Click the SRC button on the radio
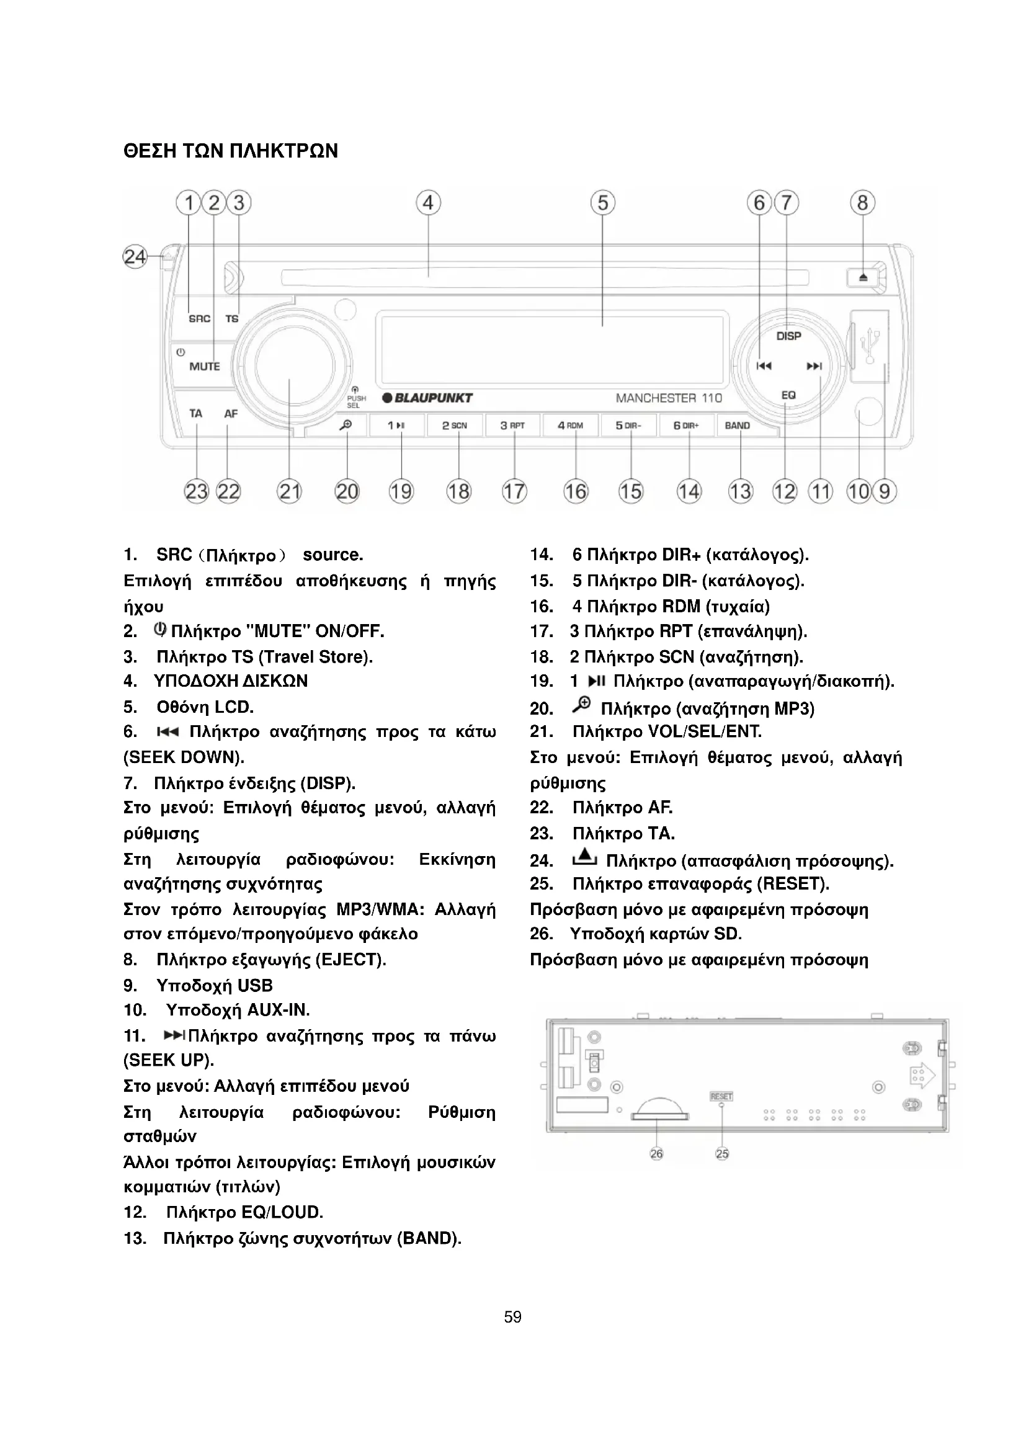click(199, 319)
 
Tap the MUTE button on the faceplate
click(204, 367)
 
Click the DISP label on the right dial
click(788, 336)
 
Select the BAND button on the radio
click(738, 426)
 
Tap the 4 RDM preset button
click(570, 426)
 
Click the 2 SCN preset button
click(454, 426)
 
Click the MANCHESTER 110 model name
click(669, 398)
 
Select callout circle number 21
click(289, 491)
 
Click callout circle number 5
click(603, 203)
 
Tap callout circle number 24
click(135, 257)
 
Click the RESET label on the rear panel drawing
click(721, 1096)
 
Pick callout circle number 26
click(656, 1153)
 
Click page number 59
click(512, 1317)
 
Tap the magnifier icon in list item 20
click(581, 704)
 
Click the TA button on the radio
click(196, 413)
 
